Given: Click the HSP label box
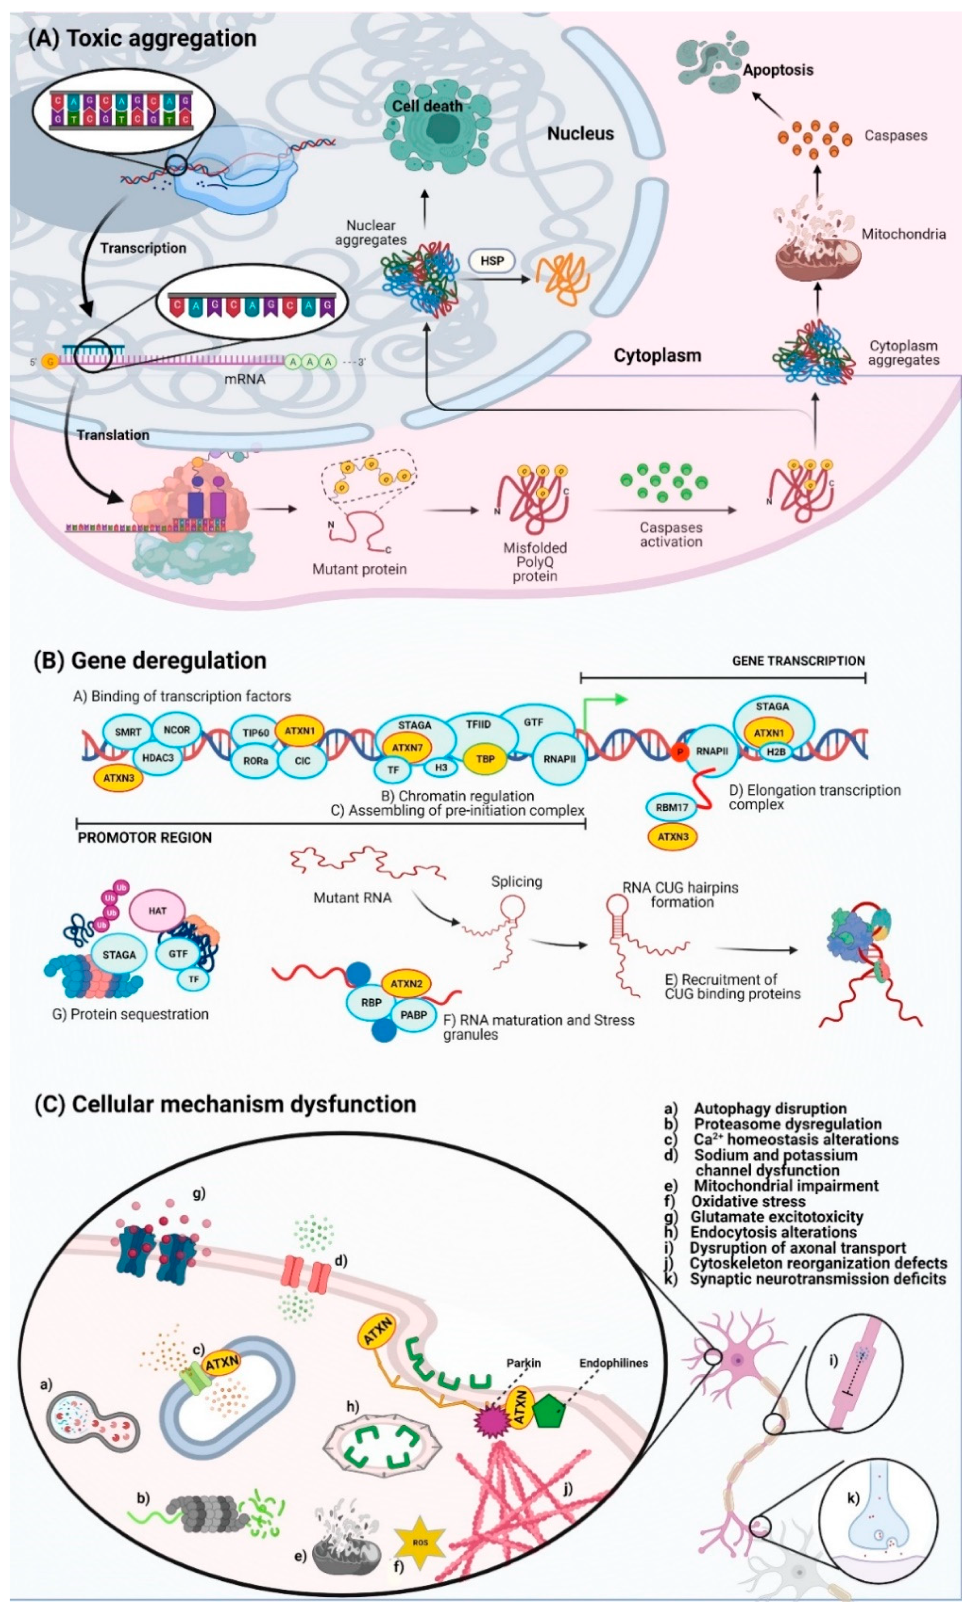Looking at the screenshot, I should pyautogui.click(x=492, y=261).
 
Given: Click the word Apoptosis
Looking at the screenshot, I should pyautogui.click(x=778, y=69).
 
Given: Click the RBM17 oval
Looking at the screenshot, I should pyautogui.click(x=672, y=807).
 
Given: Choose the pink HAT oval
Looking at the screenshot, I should pyautogui.click(x=157, y=911).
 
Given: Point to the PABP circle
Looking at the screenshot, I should pyautogui.click(x=413, y=1015).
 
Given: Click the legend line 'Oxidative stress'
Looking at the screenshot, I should pyautogui.click(x=748, y=1201).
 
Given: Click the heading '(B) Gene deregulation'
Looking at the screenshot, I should pyautogui.click(x=150, y=660).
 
